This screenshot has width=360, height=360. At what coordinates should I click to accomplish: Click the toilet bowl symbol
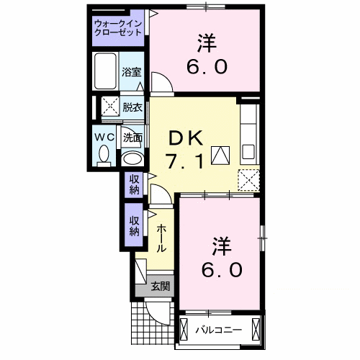(x=104, y=153)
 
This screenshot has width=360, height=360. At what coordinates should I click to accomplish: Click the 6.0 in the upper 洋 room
(x=209, y=67)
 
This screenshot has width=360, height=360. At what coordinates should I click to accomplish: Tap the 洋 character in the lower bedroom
(x=221, y=246)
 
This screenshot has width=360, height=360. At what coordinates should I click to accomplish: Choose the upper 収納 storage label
(x=135, y=184)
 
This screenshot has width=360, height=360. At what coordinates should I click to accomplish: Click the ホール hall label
(x=161, y=237)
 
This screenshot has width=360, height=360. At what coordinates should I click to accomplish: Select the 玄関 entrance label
(x=161, y=287)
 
